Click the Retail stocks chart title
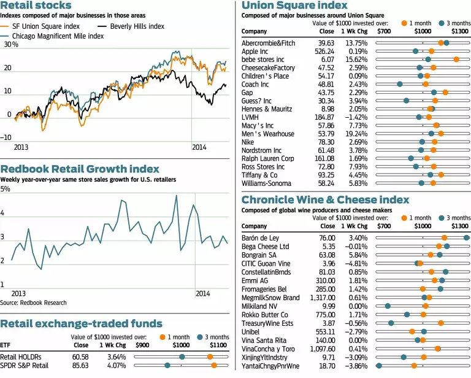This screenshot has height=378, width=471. coord(36,6)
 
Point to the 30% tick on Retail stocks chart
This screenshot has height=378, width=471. coord(10,45)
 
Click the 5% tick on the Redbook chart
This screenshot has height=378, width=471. coord(6,189)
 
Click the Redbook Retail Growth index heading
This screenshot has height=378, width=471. coord(80,169)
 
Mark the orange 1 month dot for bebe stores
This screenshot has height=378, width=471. coord(456,60)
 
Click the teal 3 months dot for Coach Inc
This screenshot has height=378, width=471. coord(400,84)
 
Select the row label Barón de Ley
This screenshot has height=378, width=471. coord(261,237)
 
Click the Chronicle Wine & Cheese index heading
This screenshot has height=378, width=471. coord(324,199)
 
